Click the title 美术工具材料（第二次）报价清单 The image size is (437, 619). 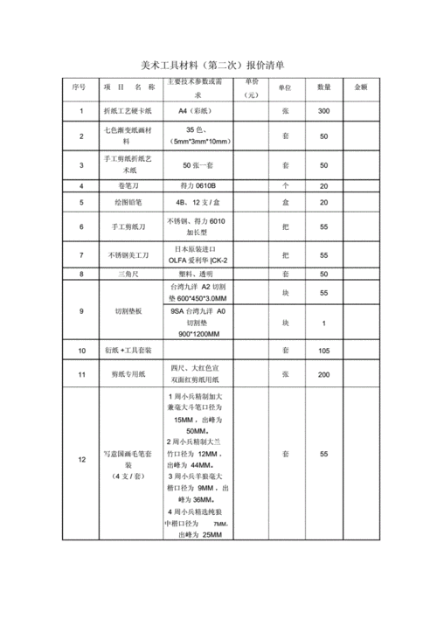[x=218, y=66]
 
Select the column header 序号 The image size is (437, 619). [x=80, y=87]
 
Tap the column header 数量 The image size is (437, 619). [x=323, y=87]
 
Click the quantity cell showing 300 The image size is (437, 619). [x=323, y=112]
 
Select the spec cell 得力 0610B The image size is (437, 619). [x=199, y=185]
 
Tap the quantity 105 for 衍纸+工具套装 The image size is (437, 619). [x=323, y=350]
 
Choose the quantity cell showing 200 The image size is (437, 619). [x=323, y=374]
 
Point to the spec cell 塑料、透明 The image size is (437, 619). [x=199, y=274]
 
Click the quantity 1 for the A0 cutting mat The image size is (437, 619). [x=323, y=324]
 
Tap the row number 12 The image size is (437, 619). [x=81, y=460]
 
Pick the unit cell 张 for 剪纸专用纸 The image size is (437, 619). [x=285, y=374]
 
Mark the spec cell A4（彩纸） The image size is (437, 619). [x=199, y=112]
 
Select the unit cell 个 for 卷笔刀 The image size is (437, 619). [x=285, y=185]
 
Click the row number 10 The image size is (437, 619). [x=81, y=350]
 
